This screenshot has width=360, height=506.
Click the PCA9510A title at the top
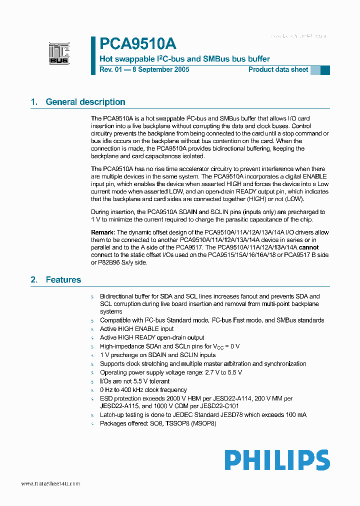pos(137,43)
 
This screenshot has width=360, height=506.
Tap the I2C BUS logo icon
pos(59,53)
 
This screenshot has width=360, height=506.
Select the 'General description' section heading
pos(85,102)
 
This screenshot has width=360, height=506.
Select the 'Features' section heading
pos(63,280)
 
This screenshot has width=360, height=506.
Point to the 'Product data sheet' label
pos(278,70)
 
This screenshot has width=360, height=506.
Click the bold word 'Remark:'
pos(103,232)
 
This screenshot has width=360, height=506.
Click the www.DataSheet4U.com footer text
pos(50,484)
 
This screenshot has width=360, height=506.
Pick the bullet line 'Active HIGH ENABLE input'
pos(136,329)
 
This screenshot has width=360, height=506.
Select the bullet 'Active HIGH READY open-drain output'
pos(152,337)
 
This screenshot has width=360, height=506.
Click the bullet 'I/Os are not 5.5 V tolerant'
pos(134,381)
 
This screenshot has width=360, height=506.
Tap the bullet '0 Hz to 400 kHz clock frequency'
pos(143,390)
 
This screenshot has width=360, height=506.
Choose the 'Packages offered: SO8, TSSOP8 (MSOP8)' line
pos(158,423)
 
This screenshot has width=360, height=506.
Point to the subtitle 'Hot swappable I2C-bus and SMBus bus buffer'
pos(184,59)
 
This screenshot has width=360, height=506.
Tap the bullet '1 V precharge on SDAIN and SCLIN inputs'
pos(157,355)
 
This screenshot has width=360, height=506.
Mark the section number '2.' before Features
pos(34,280)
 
